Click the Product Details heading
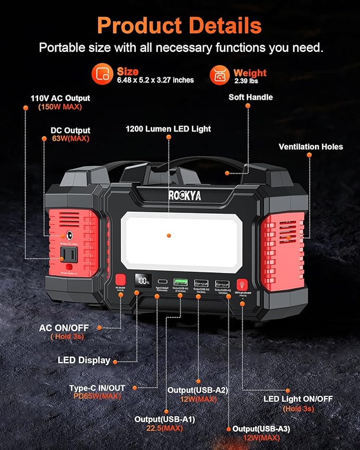pyautogui.click(x=179, y=25)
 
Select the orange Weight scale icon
pyautogui.click(x=219, y=75)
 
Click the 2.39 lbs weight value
pyautogui.click(x=247, y=81)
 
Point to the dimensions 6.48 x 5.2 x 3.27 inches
pyautogui.click(x=155, y=80)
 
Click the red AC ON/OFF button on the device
pyautogui.click(x=120, y=279)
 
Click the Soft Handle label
pyautogui.click(x=250, y=98)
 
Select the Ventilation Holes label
pyautogui.click(x=311, y=147)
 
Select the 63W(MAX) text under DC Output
pyautogui.click(x=63, y=139)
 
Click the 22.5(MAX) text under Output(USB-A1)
pyautogui.click(x=164, y=428)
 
